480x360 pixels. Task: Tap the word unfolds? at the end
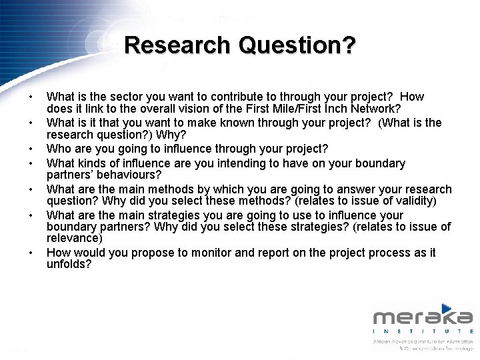click(x=69, y=265)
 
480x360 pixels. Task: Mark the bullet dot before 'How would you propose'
click(x=31, y=254)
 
